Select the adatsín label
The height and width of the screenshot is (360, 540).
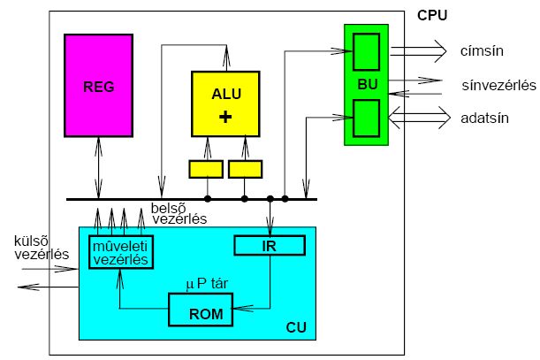coord(483,117)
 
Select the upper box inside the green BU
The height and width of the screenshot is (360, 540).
coord(366,50)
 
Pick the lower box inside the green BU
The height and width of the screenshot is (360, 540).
coord(366,118)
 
